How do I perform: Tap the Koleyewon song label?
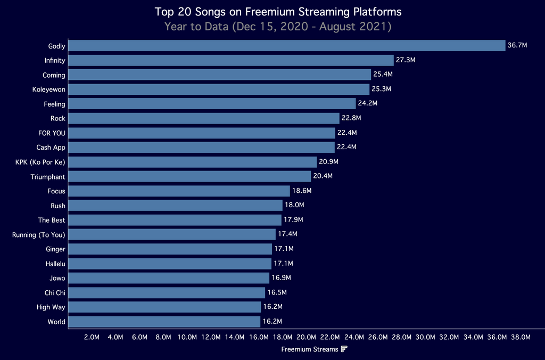click(x=48, y=89)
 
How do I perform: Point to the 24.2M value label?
click(x=368, y=104)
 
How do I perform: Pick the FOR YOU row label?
click(x=52, y=133)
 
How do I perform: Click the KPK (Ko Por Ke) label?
click(x=40, y=162)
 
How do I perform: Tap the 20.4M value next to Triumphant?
click(x=323, y=176)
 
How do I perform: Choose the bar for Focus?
click(x=179, y=191)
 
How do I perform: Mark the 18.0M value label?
click(x=294, y=205)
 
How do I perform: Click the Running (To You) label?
click(x=38, y=234)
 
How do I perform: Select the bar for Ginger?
click(x=170, y=249)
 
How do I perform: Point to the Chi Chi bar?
click(x=167, y=292)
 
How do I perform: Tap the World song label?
click(x=56, y=322)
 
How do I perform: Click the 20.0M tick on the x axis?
click(x=306, y=337)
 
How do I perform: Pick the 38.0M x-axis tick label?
click(x=521, y=337)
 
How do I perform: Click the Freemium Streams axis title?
click(x=309, y=349)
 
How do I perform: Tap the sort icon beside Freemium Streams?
click(x=344, y=349)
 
